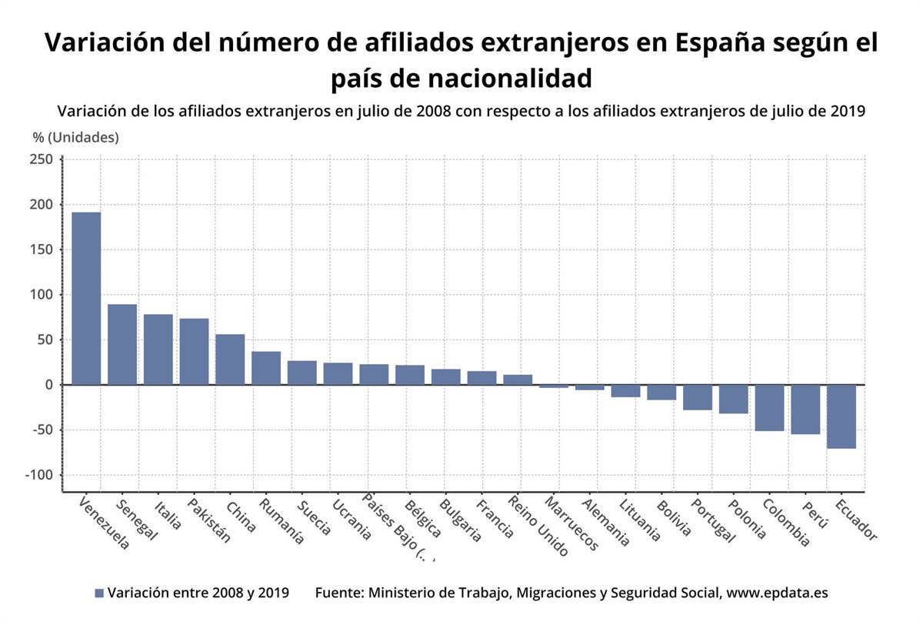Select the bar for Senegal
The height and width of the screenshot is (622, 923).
click(x=122, y=344)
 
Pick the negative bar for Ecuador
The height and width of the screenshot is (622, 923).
click(x=841, y=416)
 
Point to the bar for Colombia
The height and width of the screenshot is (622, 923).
click(x=769, y=407)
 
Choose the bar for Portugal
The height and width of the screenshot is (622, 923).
click(x=697, y=397)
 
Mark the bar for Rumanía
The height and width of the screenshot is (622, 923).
click(x=266, y=368)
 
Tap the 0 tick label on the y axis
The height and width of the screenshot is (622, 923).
click(x=48, y=385)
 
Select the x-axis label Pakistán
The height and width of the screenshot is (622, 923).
click(x=208, y=520)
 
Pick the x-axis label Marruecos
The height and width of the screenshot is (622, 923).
click(x=571, y=523)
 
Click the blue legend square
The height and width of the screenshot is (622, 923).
click(x=98, y=594)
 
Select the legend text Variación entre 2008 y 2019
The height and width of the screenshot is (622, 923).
click(x=198, y=594)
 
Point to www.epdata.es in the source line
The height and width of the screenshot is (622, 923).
click(x=777, y=594)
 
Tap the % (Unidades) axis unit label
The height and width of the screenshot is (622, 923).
click(x=75, y=138)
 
